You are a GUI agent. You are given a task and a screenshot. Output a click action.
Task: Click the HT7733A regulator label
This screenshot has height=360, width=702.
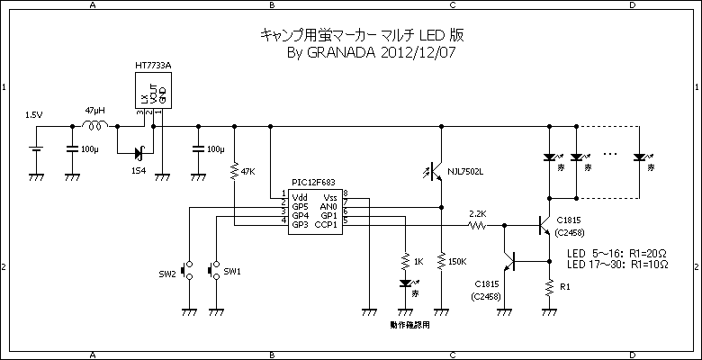[x=152, y=66]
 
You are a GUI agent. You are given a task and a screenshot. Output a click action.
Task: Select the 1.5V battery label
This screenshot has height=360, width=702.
[x=33, y=115]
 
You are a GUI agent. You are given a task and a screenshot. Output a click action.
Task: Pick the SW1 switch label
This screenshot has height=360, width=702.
[x=232, y=271]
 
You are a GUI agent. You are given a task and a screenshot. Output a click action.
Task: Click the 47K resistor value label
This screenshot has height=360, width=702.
[x=249, y=170]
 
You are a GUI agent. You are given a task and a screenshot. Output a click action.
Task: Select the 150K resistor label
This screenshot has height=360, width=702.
[x=457, y=262]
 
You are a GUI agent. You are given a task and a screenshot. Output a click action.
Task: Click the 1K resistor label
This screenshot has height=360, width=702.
[x=418, y=262]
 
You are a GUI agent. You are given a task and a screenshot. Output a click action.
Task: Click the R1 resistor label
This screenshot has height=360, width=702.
[x=565, y=287]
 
